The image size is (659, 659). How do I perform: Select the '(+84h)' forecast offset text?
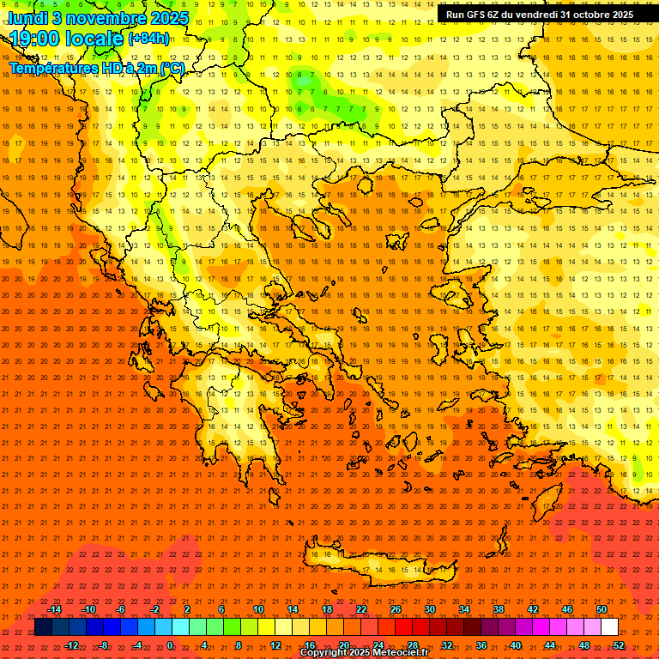pyautogui.click(x=148, y=39)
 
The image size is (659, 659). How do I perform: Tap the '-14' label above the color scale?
pyautogui.click(x=54, y=609)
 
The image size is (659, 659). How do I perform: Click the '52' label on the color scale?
pyautogui.click(x=618, y=644)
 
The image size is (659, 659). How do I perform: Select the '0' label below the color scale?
pyautogui.click(x=170, y=644)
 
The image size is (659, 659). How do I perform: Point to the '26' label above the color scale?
pyautogui.click(x=396, y=609)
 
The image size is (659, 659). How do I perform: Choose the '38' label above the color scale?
pyautogui.click(x=498, y=609)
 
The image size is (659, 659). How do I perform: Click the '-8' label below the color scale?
pyautogui.click(x=104, y=644)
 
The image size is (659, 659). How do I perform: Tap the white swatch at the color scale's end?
pyautogui.click(x=609, y=627)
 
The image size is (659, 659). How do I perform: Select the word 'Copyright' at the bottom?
pyautogui.click(x=324, y=653)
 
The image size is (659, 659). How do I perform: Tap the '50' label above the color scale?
pyautogui.click(x=601, y=609)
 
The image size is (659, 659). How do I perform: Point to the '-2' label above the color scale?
pyautogui.click(x=154, y=609)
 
